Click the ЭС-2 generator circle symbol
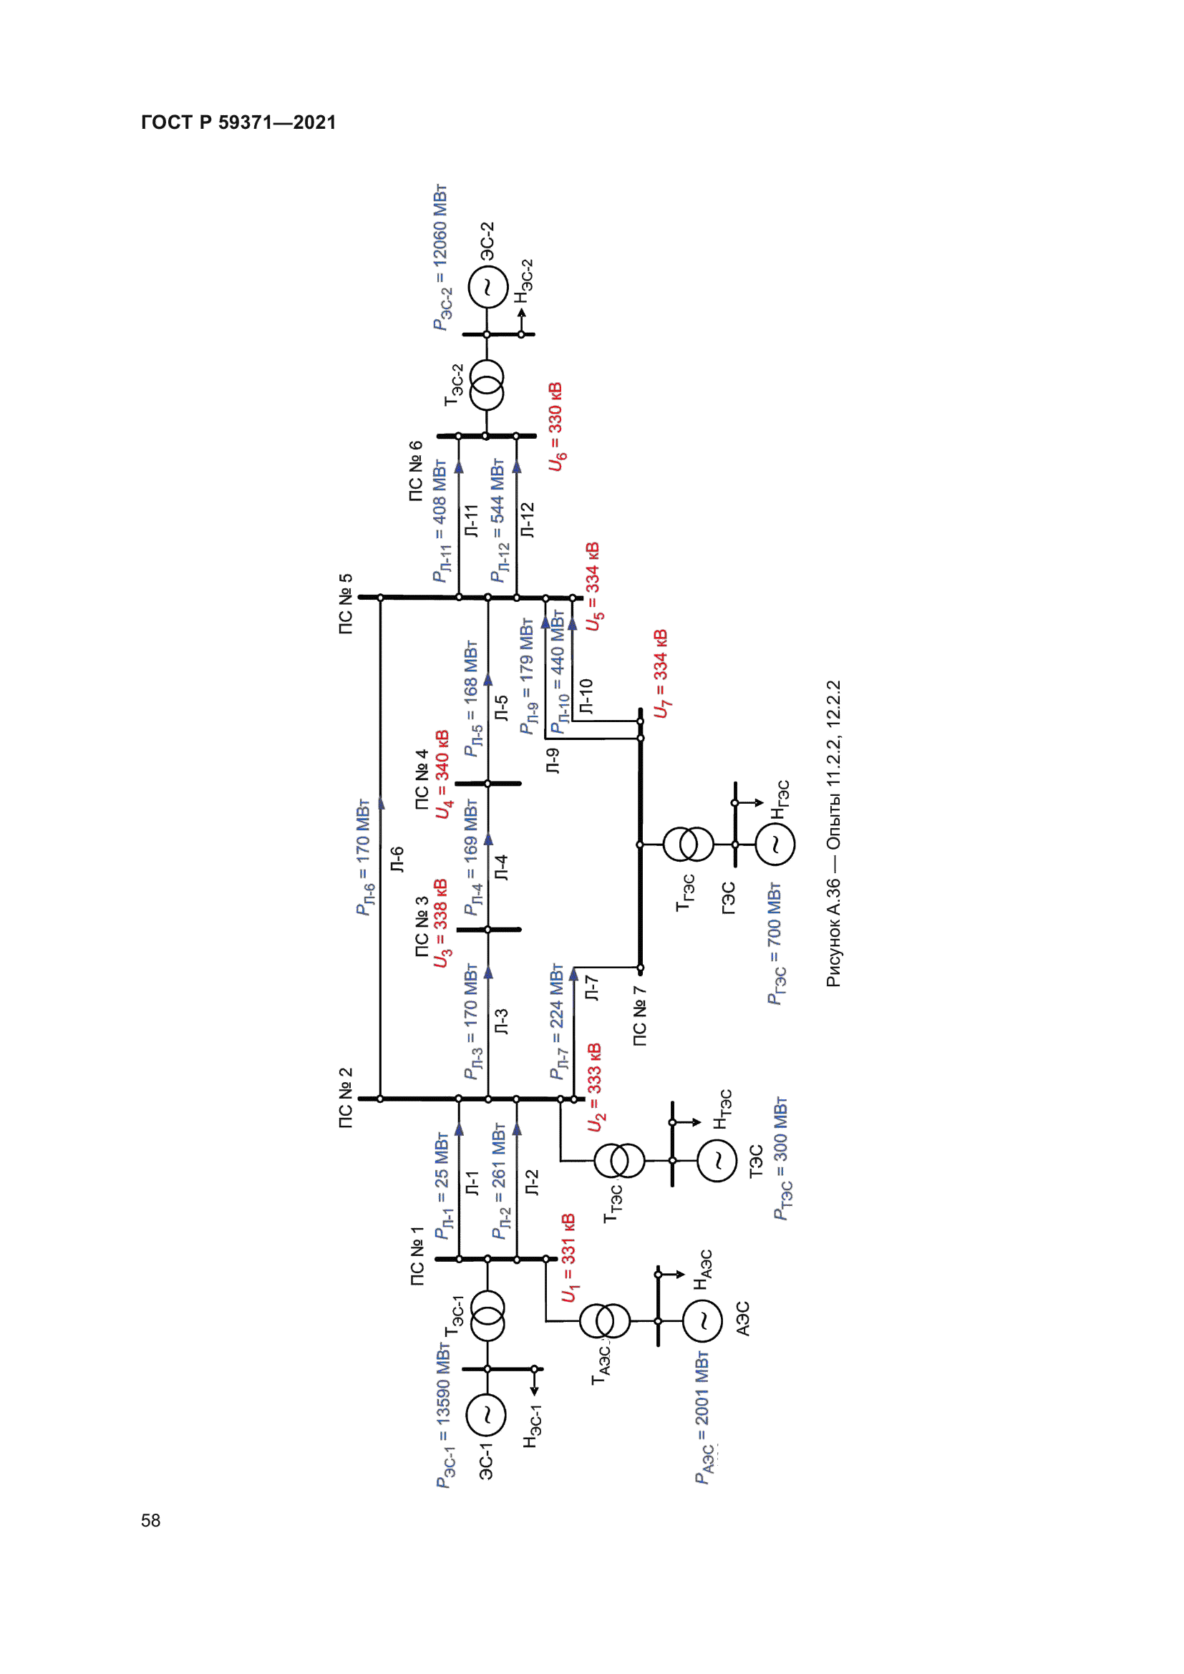[x=487, y=288]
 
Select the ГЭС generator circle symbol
[x=775, y=845]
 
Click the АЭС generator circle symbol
[x=703, y=1320]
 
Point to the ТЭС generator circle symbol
[x=717, y=1160]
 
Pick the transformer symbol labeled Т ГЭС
[x=687, y=845]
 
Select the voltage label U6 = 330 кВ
[x=555, y=427]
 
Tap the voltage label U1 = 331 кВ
[x=568, y=1257]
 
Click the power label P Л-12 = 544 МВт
[x=498, y=520]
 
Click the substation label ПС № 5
[x=346, y=604]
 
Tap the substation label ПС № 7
[x=639, y=1016]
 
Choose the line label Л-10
[x=586, y=696]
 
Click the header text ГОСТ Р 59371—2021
[x=238, y=122]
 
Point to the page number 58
[x=151, y=1520]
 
